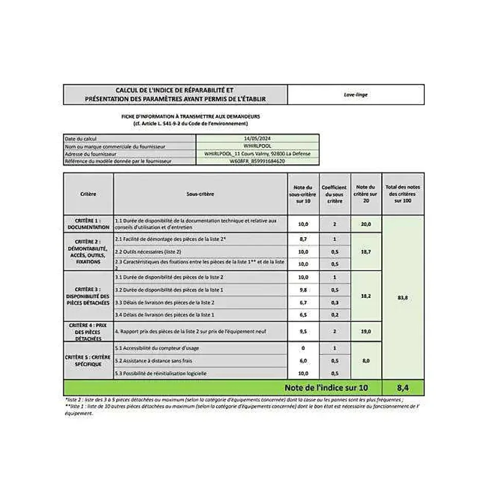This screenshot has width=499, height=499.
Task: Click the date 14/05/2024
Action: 257,138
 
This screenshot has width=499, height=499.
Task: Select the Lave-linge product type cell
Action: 355,95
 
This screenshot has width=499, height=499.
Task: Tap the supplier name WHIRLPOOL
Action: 257,146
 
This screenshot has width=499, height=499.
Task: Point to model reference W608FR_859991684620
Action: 257,161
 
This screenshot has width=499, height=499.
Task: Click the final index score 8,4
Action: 403,387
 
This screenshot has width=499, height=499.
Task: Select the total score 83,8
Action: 403,298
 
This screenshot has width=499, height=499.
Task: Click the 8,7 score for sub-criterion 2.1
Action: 303,240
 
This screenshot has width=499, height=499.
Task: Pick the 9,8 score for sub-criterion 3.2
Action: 303,290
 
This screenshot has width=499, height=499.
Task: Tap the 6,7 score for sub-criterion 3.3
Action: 303,302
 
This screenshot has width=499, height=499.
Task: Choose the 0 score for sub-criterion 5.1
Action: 303,348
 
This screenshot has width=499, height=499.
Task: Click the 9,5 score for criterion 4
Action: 303,332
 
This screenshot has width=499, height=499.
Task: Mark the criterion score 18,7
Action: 366,252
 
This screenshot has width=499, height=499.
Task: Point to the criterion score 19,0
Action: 366,332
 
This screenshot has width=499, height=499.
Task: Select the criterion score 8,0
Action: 366,361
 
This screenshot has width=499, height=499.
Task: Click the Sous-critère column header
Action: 200,194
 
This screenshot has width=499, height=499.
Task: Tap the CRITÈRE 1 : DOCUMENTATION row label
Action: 88,224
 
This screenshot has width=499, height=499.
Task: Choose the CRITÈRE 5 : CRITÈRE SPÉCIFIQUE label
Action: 88,361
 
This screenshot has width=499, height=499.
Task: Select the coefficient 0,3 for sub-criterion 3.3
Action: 335,302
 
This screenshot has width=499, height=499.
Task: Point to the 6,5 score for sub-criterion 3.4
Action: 303,314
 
